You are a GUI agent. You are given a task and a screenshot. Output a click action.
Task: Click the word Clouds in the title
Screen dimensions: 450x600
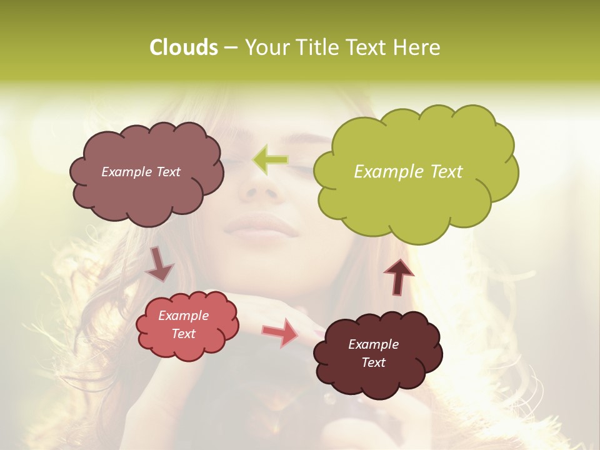(183, 47)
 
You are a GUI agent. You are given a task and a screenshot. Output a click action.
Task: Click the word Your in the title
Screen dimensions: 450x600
(266, 47)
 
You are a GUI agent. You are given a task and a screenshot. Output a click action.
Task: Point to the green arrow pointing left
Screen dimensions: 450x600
(271, 160)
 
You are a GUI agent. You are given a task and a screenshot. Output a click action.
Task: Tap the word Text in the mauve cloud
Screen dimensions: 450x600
(167, 172)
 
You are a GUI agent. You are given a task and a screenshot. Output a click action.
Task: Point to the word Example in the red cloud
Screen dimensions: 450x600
(184, 316)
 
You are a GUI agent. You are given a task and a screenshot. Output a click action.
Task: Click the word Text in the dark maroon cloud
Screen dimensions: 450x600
(373, 362)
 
